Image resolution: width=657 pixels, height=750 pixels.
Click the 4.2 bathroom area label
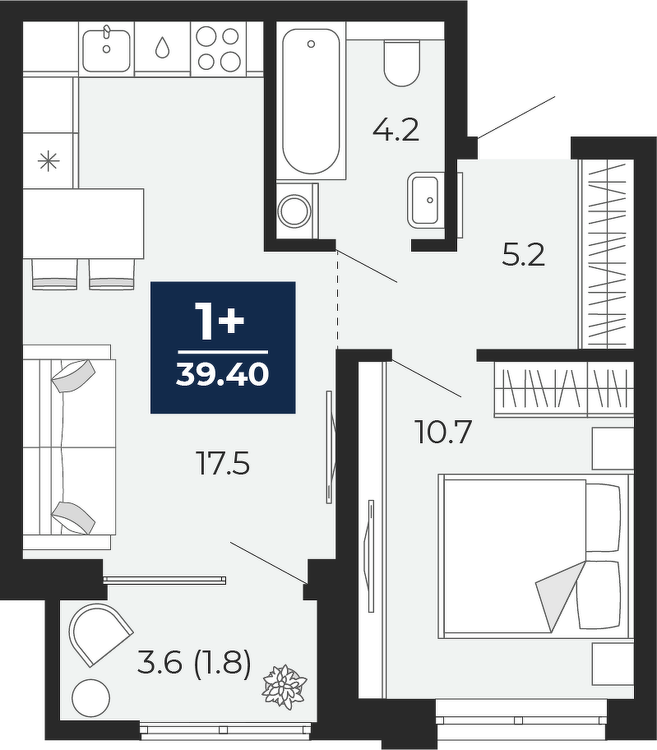pos(396,130)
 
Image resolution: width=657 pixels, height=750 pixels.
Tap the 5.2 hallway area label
pos(524,255)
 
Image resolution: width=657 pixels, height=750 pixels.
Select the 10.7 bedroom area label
pos(445,432)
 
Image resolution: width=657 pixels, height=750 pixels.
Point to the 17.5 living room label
pos(224,464)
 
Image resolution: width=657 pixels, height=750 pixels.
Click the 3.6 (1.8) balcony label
pos(194,664)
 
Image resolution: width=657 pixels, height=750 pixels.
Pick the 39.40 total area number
pos(222,374)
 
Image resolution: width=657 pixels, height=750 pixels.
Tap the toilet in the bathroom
pos(402,63)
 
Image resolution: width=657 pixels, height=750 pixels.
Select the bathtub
pos(312,100)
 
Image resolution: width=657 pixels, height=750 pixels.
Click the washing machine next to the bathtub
pos(297,211)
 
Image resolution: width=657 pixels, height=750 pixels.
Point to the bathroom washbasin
pos(423,200)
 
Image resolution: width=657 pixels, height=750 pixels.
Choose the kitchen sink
pos(106,50)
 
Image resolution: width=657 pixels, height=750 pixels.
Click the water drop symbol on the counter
pos(163,48)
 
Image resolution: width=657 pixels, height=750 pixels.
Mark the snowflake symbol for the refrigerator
pos(49,161)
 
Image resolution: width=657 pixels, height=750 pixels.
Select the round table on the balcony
pos(90,698)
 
